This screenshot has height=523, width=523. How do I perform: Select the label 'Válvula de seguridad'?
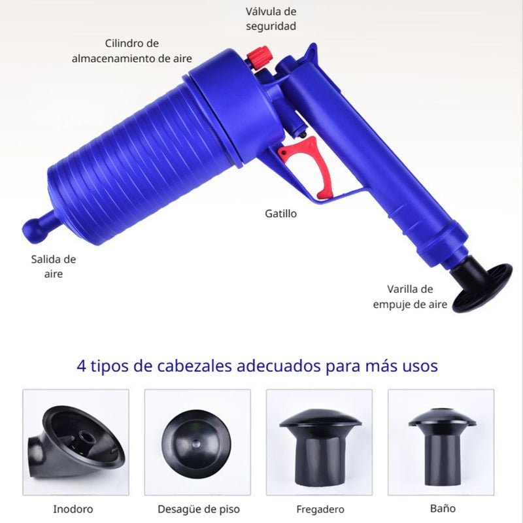(x=271, y=19)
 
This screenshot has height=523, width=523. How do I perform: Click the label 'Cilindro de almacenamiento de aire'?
(x=132, y=50)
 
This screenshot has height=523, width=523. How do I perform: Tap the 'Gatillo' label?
(x=281, y=213)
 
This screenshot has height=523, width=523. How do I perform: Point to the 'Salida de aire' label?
(x=54, y=266)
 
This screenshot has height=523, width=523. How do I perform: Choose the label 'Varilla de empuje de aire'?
(x=410, y=296)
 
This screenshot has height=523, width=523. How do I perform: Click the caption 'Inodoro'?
(x=73, y=509)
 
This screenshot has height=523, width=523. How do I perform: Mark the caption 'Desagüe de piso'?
(x=199, y=509)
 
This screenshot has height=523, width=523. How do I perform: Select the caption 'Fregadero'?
(x=320, y=509)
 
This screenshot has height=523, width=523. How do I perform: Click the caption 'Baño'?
(x=443, y=507)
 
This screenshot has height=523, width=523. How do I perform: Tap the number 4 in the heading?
(x=82, y=365)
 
